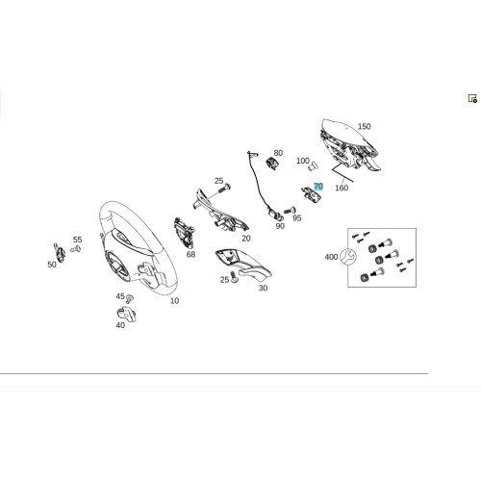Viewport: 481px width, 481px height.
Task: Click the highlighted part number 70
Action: tap(318, 187)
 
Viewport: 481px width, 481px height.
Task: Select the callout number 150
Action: tap(364, 126)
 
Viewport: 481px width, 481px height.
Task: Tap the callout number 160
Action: tap(342, 188)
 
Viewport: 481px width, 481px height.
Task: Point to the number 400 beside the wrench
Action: tap(331, 257)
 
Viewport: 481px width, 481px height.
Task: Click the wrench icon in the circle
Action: tap(348, 257)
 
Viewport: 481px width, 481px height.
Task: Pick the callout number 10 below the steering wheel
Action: tap(174, 301)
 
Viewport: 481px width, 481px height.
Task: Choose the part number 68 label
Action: tap(190, 254)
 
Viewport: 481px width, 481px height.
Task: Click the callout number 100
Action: tap(303, 161)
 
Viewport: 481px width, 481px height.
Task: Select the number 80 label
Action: tap(278, 153)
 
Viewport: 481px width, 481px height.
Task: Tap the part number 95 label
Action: tap(297, 218)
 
